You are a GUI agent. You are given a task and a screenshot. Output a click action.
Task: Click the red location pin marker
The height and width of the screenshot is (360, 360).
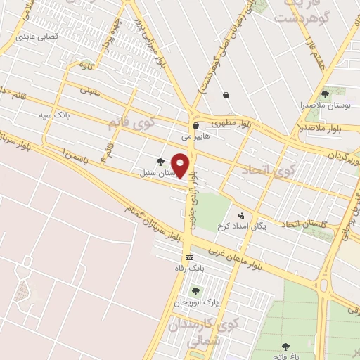[x=181, y=165]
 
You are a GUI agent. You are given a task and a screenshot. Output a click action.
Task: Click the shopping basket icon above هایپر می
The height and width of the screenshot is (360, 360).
[x=195, y=126]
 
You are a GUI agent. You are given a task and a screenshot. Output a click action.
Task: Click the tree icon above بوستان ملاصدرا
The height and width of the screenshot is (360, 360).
[x=325, y=94]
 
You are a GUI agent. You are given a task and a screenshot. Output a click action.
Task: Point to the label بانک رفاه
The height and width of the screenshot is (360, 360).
[x=188, y=269]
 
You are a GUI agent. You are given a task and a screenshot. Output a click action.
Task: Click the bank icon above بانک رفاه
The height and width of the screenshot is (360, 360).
[x=188, y=258]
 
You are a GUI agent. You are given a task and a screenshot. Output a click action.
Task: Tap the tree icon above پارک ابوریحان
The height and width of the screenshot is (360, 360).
[x=195, y=291]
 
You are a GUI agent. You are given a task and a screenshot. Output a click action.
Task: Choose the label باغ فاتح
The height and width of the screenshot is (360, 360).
[x=285, y=356]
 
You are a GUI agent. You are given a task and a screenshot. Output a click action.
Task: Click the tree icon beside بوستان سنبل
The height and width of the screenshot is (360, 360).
[x=160, y=162]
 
